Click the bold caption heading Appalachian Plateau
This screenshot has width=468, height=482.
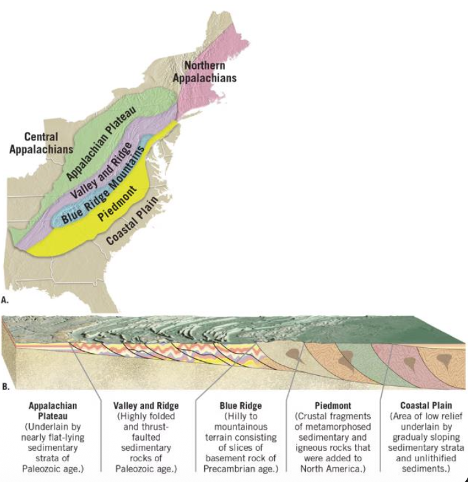48,411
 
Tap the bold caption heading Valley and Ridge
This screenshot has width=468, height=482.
142,406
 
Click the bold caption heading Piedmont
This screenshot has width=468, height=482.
331,406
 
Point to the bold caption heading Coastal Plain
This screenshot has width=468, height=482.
424,406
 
